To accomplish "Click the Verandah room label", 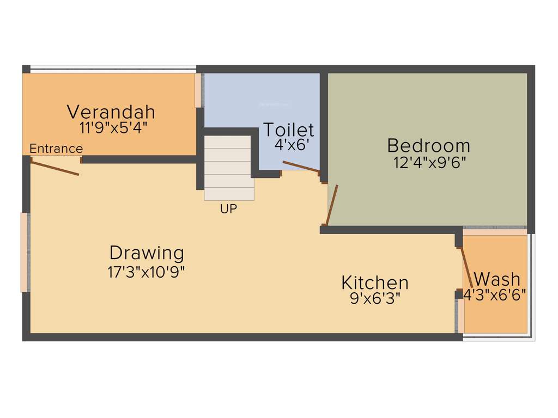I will [111, 112].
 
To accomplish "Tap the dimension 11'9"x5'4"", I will [113, 128].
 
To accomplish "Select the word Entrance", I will [56, 149].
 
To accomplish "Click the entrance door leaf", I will [55, 167].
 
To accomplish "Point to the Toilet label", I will [289, 130].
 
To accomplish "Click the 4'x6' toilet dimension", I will [289, 145].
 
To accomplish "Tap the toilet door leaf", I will [301, 167].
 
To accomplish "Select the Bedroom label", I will [428, 145].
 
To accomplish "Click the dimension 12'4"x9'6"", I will [430, 162].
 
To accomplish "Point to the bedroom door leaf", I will [331, 205].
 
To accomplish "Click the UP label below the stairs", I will [229, 208].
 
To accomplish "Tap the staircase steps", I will [228, 168].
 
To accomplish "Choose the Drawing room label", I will [147, 253].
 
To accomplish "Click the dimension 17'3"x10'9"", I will [147, 272].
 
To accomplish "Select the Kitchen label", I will [375, 282].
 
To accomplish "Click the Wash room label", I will [497, 279].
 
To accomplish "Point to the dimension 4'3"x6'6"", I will [495, 294].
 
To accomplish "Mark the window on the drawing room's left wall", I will [24, 252].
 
